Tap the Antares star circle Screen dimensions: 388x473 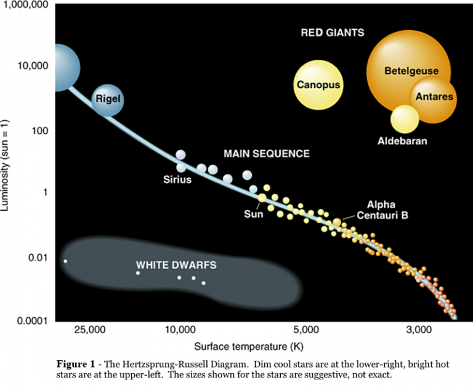(x=434, y=97)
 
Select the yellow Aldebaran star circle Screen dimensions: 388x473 (x=405, y=119)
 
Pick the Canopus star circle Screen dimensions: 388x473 (x=318, y=84)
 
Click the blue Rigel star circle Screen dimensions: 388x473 (x=108, y=99)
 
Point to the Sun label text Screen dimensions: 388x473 (x=253, y=214)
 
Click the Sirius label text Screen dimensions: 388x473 (x=177, y=180)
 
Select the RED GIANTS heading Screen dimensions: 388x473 (x=332, y=32)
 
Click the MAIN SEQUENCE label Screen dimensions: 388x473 (x=266, y=153)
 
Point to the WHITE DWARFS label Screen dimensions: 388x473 (x=176, y=265)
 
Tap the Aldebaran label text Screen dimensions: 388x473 (x=402, y=142)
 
